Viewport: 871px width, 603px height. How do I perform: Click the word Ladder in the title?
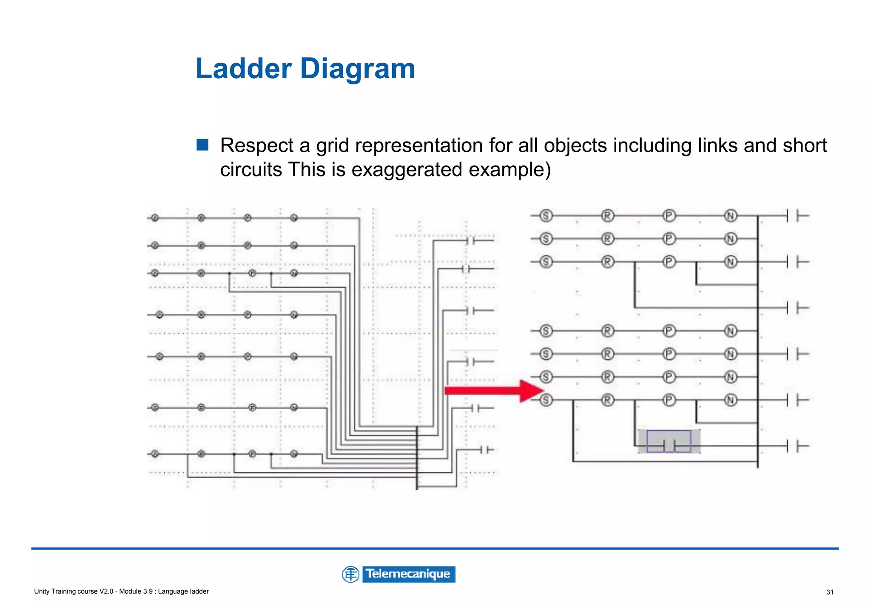(x=243, y=68)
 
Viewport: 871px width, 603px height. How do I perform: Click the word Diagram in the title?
(x=357, y=68)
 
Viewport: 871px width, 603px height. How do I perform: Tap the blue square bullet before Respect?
(x=202, y=145)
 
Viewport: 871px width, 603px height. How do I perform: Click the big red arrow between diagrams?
(x=493, y=390)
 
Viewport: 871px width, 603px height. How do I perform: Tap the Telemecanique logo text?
(x=408, y=574)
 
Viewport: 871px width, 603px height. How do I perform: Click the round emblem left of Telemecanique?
(x=351, y=575)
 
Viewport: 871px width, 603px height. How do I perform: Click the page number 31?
(x=830, y=592)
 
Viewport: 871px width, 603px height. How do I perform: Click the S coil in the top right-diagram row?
(x=546, y=216)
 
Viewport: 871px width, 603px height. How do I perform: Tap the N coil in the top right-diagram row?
(x=731, y=216)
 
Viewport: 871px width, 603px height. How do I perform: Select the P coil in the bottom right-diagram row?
(x=669, y=400)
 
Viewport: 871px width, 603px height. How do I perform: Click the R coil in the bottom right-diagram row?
(x=608, y=400)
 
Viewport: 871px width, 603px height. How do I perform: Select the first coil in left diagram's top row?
(x=155, y=218)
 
